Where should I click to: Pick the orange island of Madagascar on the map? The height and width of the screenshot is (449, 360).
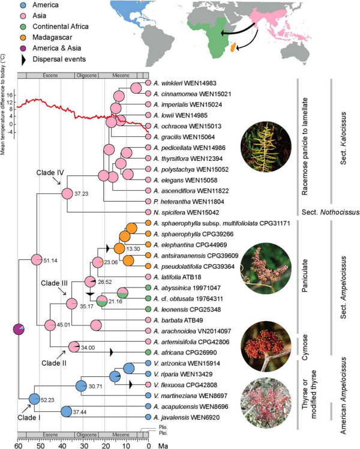pos(232,43)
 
